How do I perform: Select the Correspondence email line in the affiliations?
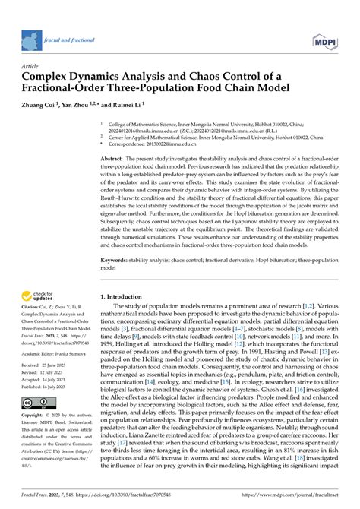click(164, 142)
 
